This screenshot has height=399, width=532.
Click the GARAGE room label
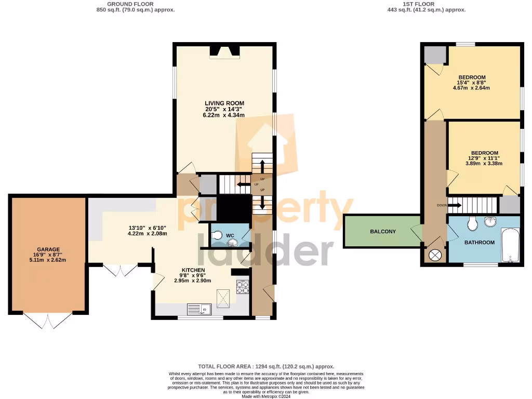[48, 249]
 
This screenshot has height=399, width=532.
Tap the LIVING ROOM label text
[224, 103]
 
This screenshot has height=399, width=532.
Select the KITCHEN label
[192, 270]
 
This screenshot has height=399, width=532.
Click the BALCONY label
[383, 231]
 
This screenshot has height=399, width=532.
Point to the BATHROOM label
[479, 243]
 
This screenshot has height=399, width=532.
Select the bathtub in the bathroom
[510, 246]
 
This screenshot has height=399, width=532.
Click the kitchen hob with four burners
[243, 286]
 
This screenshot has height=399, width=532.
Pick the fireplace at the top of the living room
[224, 51]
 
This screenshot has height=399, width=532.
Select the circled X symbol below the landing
[435, 255]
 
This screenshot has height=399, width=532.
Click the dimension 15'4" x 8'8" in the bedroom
[472, 83]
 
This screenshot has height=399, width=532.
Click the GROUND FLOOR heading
[136, 4]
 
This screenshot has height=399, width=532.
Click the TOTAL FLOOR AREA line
[266, 367]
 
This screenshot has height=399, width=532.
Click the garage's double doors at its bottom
[48, 320]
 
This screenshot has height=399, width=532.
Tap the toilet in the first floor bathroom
[472, 224]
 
